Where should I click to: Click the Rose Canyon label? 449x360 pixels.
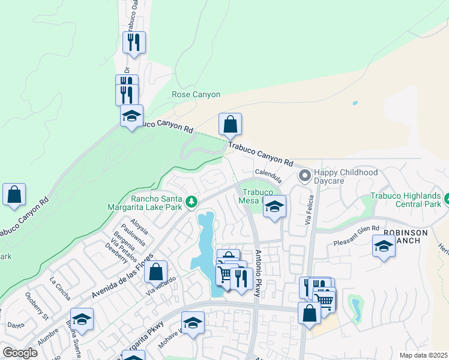pos(196,95)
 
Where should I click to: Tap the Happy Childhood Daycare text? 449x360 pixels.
pos(346,176)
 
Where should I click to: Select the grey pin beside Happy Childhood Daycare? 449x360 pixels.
pos(305,176)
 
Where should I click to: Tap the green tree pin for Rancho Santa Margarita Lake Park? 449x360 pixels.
pos(191,202)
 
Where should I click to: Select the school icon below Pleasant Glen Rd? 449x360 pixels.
pos(384,245)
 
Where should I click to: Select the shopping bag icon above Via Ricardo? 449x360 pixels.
pos(155,271)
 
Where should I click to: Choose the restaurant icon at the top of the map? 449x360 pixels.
pos(133,42)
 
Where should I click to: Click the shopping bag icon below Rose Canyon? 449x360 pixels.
pos(230,124)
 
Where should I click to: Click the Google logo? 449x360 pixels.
pos(20,353)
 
